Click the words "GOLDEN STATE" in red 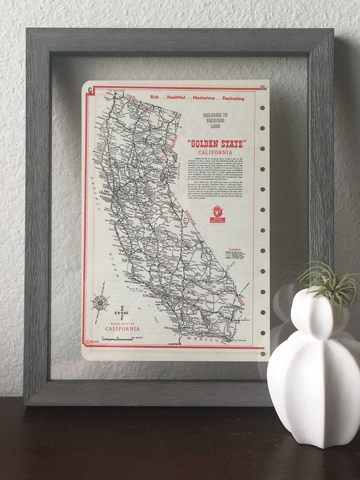pyautogui.click(x=217, y=144)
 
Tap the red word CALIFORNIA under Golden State pyautogui.click(x=215, y=153)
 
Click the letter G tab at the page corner pyautogui.click(x=90, y=90)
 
